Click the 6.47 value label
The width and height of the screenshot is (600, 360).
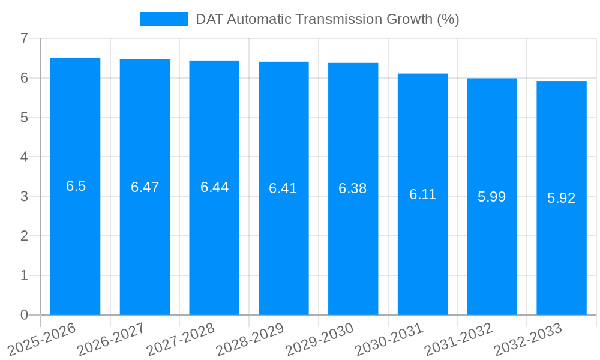(145, 187)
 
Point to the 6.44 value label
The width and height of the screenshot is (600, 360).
(214, 187)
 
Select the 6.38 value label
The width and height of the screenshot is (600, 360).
(353, 188)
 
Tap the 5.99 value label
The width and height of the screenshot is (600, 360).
(492, 197)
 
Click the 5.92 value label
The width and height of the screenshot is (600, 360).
(562, 198)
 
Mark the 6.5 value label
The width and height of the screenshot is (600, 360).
(76, 186)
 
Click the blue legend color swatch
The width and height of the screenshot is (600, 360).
(164, 19)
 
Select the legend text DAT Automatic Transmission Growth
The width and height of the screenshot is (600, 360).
(327, 19)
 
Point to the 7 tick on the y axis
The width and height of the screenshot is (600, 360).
(24, 38)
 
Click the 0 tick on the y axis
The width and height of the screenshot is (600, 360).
(24, 315)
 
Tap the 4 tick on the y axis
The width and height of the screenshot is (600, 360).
(24, 157)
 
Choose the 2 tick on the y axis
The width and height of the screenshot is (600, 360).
(24, 236)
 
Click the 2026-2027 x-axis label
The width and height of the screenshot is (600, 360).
(112, 339)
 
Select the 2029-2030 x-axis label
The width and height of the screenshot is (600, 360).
(320, 339)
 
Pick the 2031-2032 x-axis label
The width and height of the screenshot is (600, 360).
(459, 339)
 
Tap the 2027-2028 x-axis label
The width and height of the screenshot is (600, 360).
(181, 339)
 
